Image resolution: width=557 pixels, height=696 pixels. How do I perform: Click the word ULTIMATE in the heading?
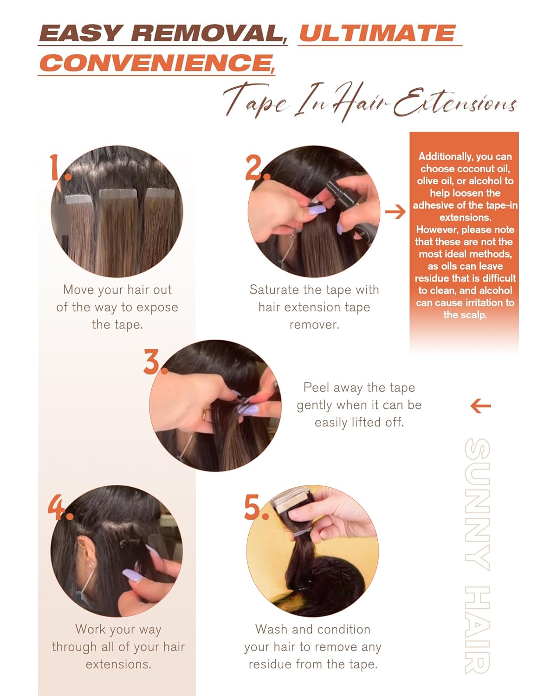(x=377, y=33)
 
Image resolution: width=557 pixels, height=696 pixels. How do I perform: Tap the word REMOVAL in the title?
(x=208, y=33)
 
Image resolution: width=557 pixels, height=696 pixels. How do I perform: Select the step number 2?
(x=256, y=168)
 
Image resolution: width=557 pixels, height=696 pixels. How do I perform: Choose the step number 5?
(x=254, y=507)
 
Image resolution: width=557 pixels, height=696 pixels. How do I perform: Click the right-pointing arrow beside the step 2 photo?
(x=395, y=213)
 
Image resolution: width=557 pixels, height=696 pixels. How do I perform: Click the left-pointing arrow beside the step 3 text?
(x=480, y=406)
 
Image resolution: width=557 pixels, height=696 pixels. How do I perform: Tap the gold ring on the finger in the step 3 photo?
(x=204, y=415)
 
